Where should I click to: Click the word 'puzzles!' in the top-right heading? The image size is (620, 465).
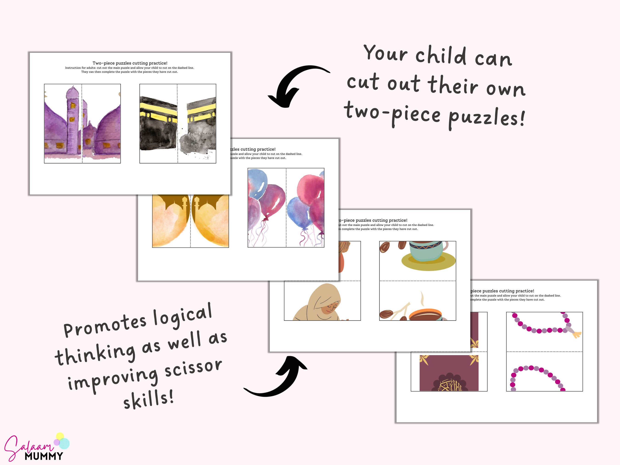tap(486, 118)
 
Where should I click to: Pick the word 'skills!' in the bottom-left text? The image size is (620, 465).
tap(149, 399)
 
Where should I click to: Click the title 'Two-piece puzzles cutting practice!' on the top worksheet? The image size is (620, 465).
tap(130, 63)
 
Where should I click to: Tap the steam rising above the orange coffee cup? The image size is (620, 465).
tap(422, 299)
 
